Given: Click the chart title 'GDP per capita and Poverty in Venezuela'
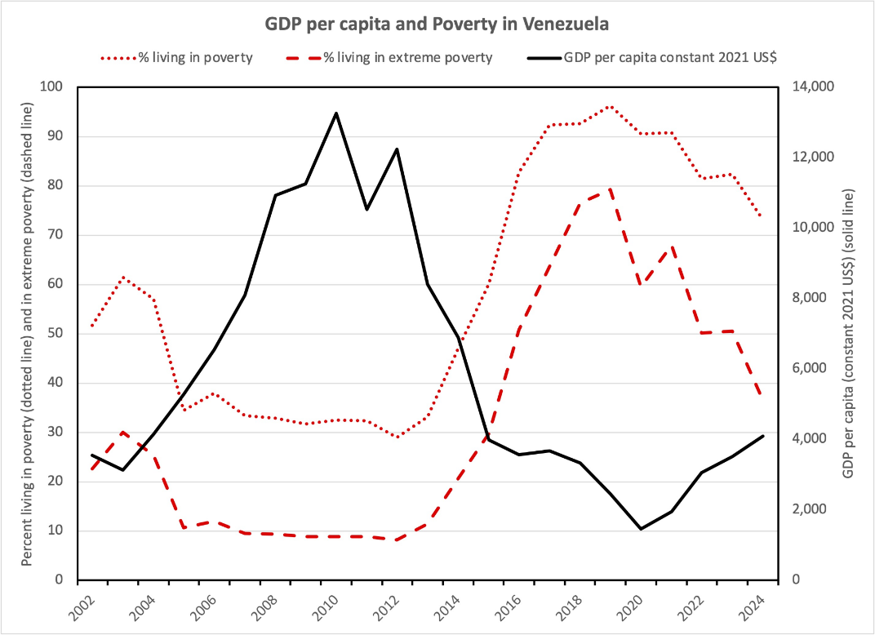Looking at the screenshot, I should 437,24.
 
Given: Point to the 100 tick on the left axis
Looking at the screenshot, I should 56,87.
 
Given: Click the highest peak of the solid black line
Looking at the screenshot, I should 335,113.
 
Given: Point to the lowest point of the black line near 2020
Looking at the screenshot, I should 641,529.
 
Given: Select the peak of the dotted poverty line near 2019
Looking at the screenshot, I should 610,106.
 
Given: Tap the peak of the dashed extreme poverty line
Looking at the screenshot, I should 610,189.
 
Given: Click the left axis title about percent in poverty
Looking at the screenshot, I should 26,334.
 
